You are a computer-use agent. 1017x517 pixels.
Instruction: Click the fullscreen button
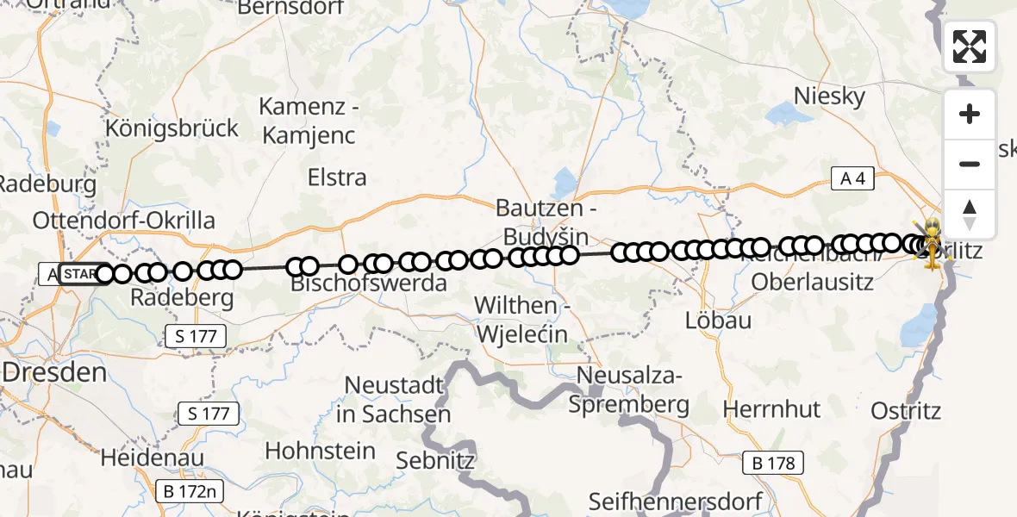tap(970, 47)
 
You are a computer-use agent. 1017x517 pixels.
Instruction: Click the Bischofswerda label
tap(369, 283)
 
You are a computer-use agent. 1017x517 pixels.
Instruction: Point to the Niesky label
tap(829, 97)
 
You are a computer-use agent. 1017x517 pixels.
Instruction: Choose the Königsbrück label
tap(172, 128)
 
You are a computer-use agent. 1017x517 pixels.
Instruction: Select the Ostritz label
tap(906, 410)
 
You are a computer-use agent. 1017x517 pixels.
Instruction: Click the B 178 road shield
tap(774, 463)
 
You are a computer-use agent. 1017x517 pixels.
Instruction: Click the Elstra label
tap(337, 178)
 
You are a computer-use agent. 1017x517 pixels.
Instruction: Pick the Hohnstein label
tap(320, 451)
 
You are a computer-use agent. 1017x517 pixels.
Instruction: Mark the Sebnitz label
tap(435, 460)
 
